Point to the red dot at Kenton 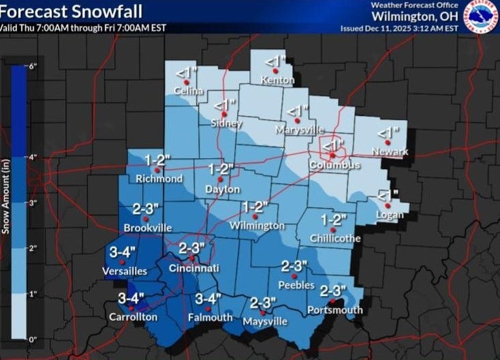point(275,70)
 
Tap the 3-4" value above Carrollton point(131,297)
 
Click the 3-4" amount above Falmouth point(208,298)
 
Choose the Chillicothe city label point(334,238)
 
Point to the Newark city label point(390,151)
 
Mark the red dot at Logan point(388,205)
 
